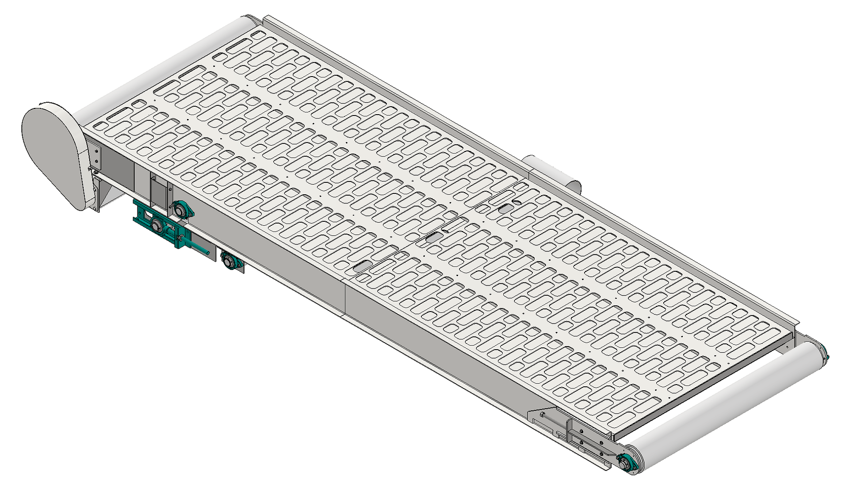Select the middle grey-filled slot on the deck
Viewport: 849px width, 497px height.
tap(434, 238)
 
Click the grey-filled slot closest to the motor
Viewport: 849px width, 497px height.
tap(504, 208)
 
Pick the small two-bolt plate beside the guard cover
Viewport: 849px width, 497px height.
tap(96, 155)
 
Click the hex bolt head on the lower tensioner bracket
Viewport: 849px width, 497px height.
tap(543, 416)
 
